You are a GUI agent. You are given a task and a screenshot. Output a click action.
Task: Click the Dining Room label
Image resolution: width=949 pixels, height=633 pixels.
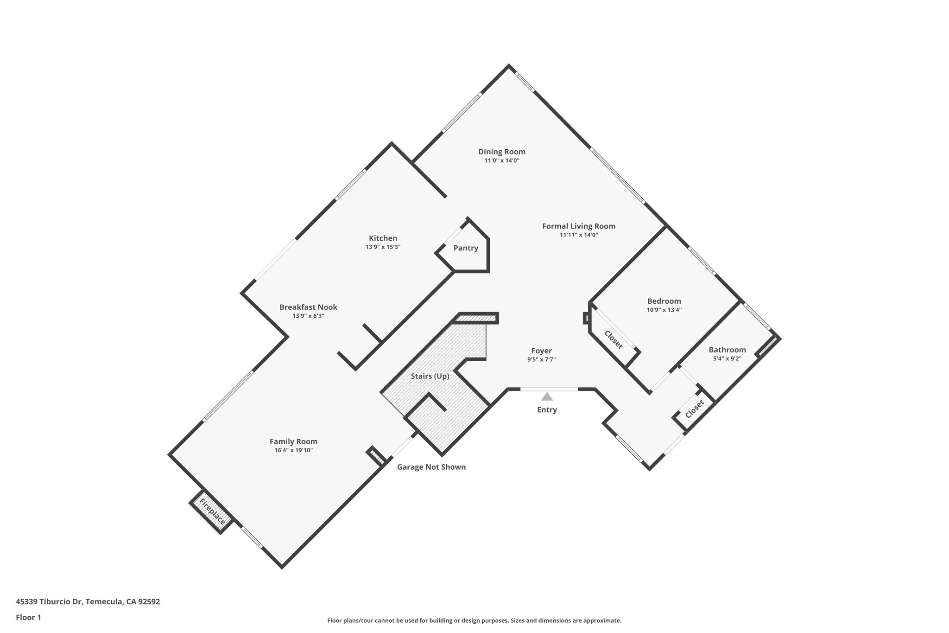coord(502,152)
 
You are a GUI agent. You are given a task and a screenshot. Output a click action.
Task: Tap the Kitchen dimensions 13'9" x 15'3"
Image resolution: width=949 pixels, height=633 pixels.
coord(383,247)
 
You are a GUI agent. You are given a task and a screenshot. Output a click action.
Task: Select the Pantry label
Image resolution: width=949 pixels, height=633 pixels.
coord(466,248)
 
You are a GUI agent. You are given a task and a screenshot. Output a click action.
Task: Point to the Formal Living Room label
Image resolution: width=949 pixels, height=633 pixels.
coord(579,226)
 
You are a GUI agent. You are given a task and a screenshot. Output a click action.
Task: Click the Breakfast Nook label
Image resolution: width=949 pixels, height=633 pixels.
coord(308,307)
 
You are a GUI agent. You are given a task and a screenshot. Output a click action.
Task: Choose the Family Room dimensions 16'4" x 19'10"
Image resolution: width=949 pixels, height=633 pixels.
coord(293,450)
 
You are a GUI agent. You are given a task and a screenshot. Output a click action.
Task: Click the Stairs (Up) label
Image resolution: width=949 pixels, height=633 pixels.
coord(430,376)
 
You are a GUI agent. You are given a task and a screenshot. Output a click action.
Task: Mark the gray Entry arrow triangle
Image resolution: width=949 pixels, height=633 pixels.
coord(547,396)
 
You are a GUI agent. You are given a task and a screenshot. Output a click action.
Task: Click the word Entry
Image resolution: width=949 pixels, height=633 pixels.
coord(547,410)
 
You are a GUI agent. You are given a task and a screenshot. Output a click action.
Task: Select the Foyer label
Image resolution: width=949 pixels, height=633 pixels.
coord(541,351)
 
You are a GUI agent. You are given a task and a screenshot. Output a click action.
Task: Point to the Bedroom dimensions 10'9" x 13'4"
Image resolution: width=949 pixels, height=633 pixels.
coord(664,310)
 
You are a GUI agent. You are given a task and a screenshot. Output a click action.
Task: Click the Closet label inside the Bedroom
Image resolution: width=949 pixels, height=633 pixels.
coord(613,339)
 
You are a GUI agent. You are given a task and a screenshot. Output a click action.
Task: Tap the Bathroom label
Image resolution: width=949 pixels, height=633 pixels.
coord(727,350)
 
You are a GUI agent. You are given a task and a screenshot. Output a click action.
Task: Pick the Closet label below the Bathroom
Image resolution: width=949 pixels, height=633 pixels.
coord(694,409)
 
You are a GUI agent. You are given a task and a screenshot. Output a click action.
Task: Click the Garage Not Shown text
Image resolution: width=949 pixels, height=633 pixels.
coord(431,467)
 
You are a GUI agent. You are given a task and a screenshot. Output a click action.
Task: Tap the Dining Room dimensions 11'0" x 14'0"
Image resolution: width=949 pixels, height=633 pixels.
coord(502,161)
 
